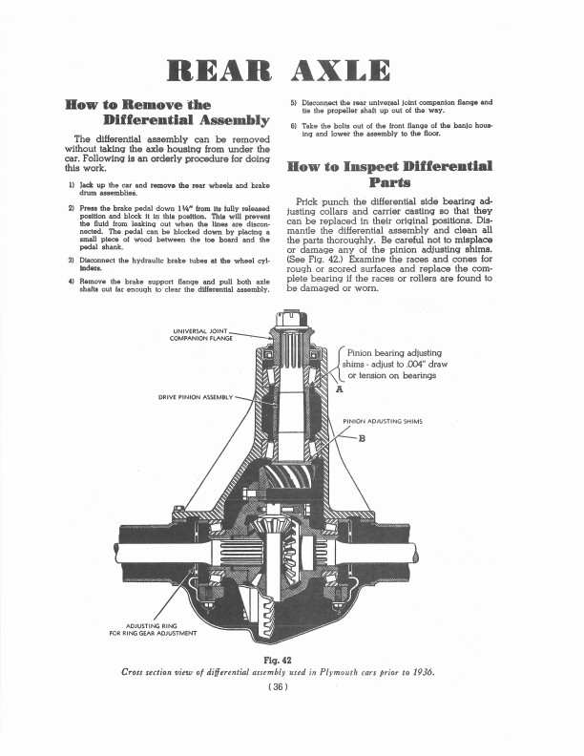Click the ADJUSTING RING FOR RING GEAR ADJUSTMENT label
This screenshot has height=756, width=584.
pyautogui.click(x=154, y=627)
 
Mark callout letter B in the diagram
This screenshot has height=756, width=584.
pyautogui.click(x=362, y=439)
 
